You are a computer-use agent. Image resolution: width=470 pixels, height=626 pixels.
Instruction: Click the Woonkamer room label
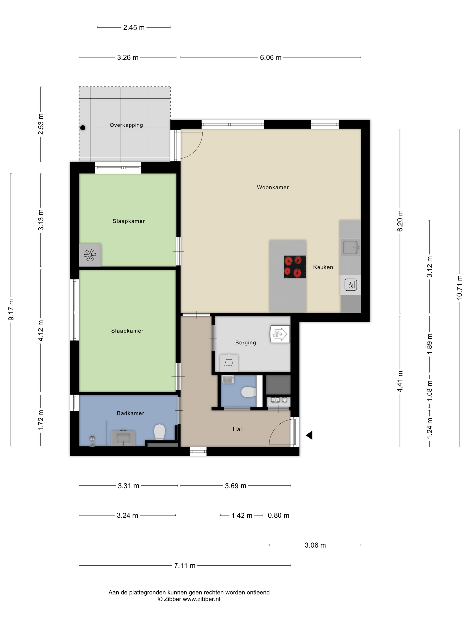click(273, 187)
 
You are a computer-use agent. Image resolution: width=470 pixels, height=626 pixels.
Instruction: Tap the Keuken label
click(323, 267)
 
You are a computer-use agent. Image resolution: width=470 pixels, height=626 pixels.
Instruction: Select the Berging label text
click(245, 343)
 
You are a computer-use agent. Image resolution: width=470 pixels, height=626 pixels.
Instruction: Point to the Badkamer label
click(130, 413)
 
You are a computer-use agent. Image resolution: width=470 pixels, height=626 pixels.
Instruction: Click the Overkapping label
click(126, 125)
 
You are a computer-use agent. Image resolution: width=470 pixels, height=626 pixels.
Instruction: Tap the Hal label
click(237, 429)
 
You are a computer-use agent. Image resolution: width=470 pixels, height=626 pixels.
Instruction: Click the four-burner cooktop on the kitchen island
click(295, 267)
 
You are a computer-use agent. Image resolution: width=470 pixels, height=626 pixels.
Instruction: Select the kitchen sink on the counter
click(351, 247)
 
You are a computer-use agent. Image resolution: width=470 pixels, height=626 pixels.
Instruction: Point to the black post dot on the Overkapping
click(83, 128)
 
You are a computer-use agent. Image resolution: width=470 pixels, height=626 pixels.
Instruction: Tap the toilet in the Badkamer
click(160, 432)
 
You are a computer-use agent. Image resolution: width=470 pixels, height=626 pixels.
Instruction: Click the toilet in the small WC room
click(249, 392)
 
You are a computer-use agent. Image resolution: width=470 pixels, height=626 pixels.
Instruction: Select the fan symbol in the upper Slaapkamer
click(90, 255)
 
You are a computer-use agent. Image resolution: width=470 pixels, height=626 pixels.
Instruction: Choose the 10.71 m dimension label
click(459, 287)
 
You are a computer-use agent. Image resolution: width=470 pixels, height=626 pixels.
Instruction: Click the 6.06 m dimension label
click(271, 57)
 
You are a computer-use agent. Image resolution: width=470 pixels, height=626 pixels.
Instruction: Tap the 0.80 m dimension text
click(278, 515)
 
